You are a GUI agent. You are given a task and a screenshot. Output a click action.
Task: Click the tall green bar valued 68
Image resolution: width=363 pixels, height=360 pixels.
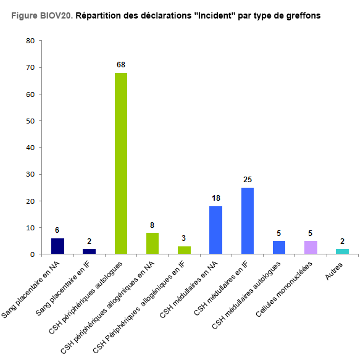[121, 164]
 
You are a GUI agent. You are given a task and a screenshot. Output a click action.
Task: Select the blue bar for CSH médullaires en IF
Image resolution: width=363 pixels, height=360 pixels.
[248, 221]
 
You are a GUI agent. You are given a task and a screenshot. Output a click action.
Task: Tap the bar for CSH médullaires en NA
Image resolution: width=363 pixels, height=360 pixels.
[216, 230]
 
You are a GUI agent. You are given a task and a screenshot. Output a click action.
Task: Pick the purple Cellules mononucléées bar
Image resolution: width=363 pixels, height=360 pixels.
[311, 248]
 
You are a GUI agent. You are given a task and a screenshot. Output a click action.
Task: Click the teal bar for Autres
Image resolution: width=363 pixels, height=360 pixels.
[342, 251]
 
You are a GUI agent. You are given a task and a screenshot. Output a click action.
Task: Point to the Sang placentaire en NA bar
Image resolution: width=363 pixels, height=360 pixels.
[57, 246]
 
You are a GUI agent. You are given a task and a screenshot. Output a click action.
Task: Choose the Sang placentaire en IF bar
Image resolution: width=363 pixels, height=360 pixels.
[89, 251]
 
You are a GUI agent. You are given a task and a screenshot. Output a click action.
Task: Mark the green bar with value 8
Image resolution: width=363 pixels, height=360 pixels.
[152, 243]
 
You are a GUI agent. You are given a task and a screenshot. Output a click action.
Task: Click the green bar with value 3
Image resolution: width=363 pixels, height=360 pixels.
[184, 250]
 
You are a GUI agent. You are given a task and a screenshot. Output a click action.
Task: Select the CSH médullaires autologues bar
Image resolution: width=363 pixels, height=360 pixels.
[279, 248]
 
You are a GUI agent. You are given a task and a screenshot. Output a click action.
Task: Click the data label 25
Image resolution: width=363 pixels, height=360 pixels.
[248, 180]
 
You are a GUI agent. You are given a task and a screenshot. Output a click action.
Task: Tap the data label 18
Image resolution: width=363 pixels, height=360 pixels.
[216, 198]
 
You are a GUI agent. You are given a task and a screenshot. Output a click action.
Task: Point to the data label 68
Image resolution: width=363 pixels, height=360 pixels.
[121, 65]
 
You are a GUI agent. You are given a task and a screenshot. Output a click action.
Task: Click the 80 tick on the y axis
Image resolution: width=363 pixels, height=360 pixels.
[30, 41]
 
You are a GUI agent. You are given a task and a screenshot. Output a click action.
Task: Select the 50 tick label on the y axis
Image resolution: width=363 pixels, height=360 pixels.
[30, 121]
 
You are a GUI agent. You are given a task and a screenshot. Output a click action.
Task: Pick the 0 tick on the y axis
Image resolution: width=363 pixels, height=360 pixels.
[32, 254]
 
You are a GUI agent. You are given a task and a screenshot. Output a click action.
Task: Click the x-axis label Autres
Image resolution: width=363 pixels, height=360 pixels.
[333, 271]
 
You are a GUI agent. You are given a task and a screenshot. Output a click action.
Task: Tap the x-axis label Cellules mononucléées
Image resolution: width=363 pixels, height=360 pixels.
[284, 289]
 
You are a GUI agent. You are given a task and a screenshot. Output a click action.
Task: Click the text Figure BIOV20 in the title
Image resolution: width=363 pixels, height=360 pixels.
[42, 15]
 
